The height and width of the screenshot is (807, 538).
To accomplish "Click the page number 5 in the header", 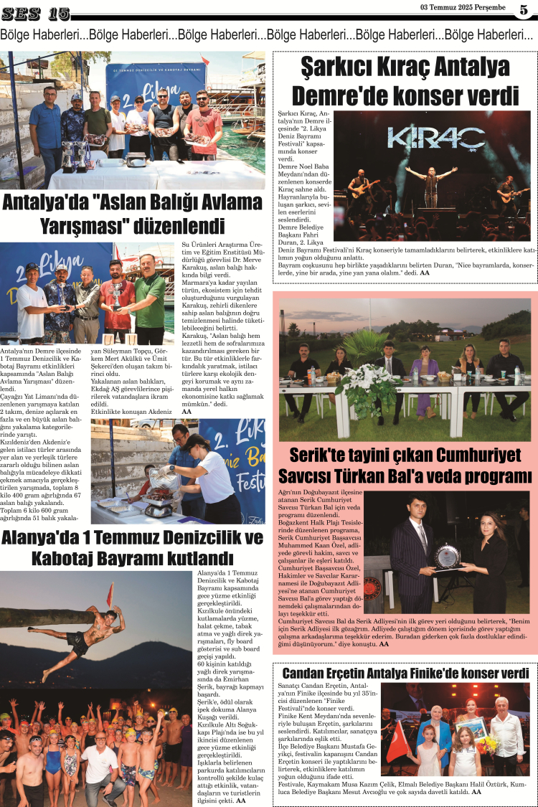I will click(524, 9).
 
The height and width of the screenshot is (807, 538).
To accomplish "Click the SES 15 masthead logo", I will click(35, 13).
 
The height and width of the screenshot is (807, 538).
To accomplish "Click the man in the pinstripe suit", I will click(414, 552).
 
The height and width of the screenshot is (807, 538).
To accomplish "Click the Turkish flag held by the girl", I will click(399, 742).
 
